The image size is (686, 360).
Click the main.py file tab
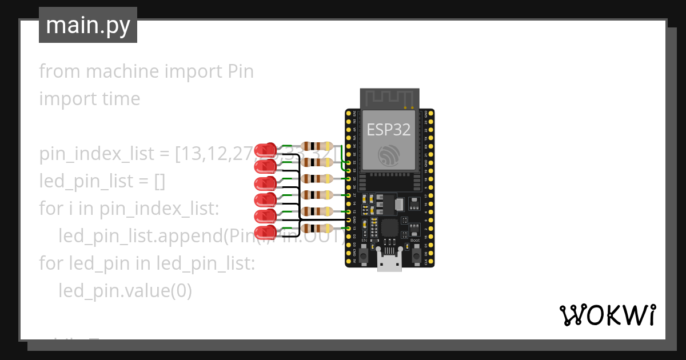(87, 25)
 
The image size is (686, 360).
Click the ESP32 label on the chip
(389, 130)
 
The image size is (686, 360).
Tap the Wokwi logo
(607, 315)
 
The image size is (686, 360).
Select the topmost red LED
(265, 150)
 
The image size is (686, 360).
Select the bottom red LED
(265, 233)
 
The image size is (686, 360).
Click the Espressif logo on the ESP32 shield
(389, 154)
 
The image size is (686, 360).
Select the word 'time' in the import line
(121, 99)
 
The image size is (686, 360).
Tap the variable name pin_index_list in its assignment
(97, 154)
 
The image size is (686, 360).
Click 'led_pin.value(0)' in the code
(125, 291)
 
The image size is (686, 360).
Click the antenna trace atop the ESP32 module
(389, 98)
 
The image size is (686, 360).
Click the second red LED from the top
(265, 167)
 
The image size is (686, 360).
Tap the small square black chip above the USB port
(390, 228)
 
